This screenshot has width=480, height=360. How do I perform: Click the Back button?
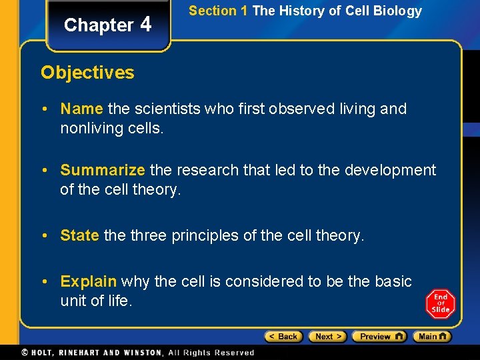pyautogui.click(x=283, y=337)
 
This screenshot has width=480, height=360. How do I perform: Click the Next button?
pyautogui.click(x=327, y=337)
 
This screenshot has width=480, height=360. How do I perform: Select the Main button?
pyautogui.click(x=431, y=337)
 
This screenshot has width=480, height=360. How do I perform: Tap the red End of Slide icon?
pyautogui.click(x=440, y=304)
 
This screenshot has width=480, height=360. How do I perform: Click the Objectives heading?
pyautogui.click(x=87, y=73)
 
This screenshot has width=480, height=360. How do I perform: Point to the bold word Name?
pyautogui.click(x=81, y=109)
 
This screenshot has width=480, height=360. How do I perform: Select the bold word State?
pyautogui.click(x=79, y=235)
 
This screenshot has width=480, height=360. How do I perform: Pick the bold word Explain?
pyautogui.click(x=88, y=281)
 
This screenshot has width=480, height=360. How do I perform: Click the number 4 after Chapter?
pyautogui.click(x=146, y=24)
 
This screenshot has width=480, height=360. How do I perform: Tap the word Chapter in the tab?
pyautogui.click(x=99, y=25)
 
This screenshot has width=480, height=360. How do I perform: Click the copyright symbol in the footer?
pyautogui.click(x=25, y=352)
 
